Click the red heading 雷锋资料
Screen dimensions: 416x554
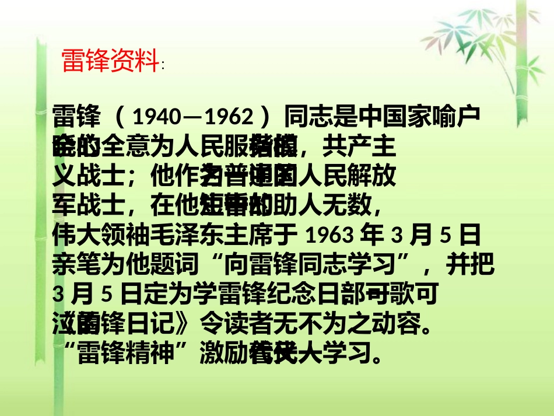(x=110, y=60)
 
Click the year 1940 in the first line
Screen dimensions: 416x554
(x=154, y=118)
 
